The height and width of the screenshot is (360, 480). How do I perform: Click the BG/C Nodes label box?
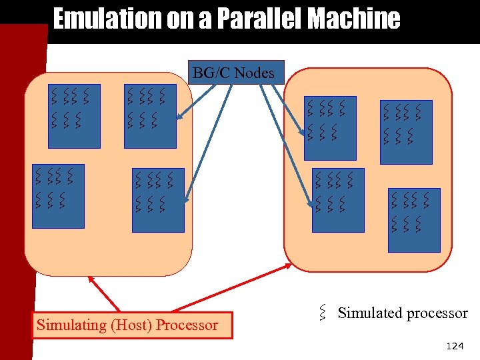pos(237,72)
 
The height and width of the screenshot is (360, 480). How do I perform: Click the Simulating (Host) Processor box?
pos(132,325)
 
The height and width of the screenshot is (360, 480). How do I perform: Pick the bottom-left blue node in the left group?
pos(59,195)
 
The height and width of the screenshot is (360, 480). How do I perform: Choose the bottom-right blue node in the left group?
pos(158,199)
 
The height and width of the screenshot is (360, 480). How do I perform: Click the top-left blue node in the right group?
pos(330,128)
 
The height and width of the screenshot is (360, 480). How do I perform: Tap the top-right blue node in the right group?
pos(406,131)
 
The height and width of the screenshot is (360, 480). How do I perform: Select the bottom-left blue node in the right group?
pos(338,199)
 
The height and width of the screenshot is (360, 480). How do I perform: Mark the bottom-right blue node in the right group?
pos(414,219)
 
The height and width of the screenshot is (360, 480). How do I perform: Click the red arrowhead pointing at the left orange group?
pos(90,281)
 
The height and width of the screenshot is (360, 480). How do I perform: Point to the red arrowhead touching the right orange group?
pos(287,265)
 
